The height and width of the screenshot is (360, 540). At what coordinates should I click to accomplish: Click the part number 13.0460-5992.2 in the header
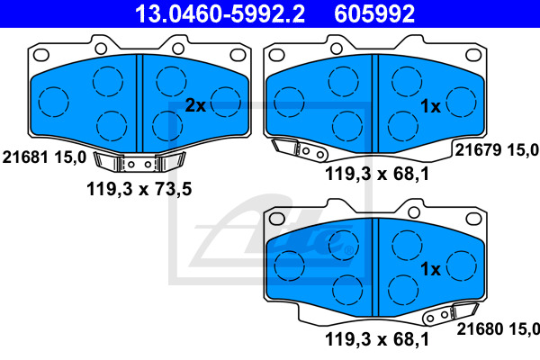point(220,13)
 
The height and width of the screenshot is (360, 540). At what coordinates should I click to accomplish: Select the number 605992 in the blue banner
point(374,13)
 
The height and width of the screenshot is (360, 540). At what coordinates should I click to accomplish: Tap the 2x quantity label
point(195,105)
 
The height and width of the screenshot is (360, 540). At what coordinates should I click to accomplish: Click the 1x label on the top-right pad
point(430,106)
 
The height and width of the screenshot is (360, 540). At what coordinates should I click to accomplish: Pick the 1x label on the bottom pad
point(430,269)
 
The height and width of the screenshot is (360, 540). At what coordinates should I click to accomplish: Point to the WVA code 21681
point(25,157)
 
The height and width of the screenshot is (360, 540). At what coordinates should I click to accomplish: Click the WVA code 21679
point(478,150)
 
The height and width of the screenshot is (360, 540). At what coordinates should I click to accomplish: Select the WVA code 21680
point(479,329)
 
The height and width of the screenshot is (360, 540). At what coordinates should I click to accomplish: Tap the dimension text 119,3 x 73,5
point(139,189)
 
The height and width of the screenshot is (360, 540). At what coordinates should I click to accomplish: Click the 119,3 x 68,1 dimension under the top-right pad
point(377,174)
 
